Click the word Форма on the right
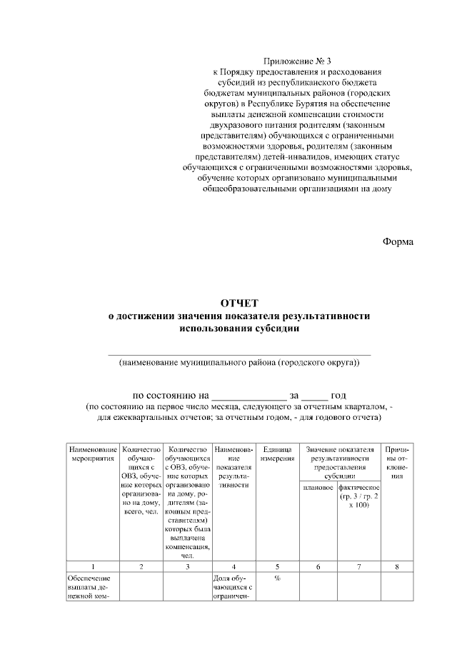click(398, 241)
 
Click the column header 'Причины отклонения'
click(398, 462)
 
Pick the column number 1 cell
click(93, 566)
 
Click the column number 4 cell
click(233, 566)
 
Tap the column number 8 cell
click(398, 566)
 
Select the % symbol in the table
click(276, 578)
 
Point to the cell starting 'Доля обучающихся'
click(233, 589)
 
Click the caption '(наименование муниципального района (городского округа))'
click(239, 363)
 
